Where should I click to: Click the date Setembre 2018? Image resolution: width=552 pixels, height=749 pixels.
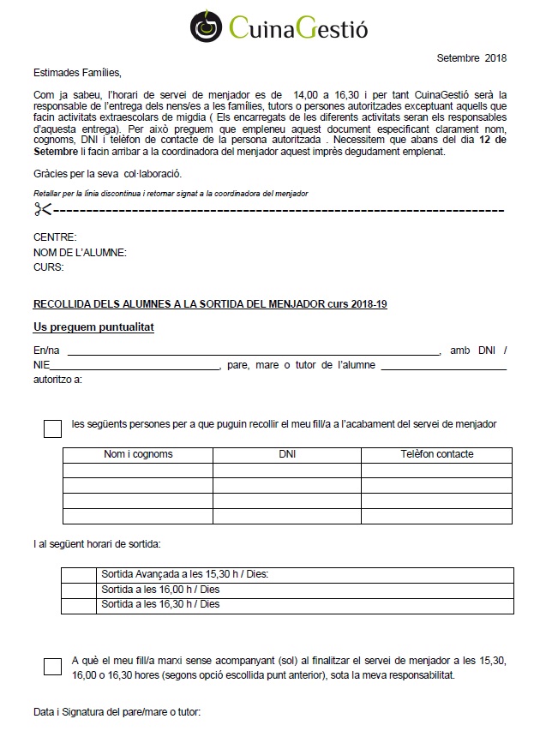point(471,59)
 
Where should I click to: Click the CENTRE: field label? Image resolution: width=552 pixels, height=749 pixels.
point(55,237)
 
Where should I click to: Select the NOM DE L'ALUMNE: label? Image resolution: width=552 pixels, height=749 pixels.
point(80,253)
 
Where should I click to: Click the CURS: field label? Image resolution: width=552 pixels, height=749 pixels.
point(50,267)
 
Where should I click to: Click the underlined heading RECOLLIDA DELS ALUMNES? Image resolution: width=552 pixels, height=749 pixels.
point(210,304)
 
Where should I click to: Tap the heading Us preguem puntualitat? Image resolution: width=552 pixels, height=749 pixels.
point(93,328)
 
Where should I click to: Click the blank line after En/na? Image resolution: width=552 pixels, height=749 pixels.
point(253,351)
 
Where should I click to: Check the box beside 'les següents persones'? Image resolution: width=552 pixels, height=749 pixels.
point(52,428)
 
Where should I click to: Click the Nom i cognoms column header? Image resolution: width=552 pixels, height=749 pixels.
point(138,454)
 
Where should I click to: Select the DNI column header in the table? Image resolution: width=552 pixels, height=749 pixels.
point(287,454)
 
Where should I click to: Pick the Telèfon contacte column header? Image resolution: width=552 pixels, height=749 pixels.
point(437,454)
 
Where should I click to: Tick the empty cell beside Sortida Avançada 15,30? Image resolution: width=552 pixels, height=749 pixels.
point(80,574)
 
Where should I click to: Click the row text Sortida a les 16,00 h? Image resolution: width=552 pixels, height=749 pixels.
point(160,589)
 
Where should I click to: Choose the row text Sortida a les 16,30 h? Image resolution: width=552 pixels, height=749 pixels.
point(160,604)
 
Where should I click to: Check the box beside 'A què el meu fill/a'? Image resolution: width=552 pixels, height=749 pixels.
point(52,667)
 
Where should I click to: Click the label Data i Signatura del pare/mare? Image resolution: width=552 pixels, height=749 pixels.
point(117,712)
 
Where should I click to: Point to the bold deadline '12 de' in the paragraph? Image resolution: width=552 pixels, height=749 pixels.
point(494,139)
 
